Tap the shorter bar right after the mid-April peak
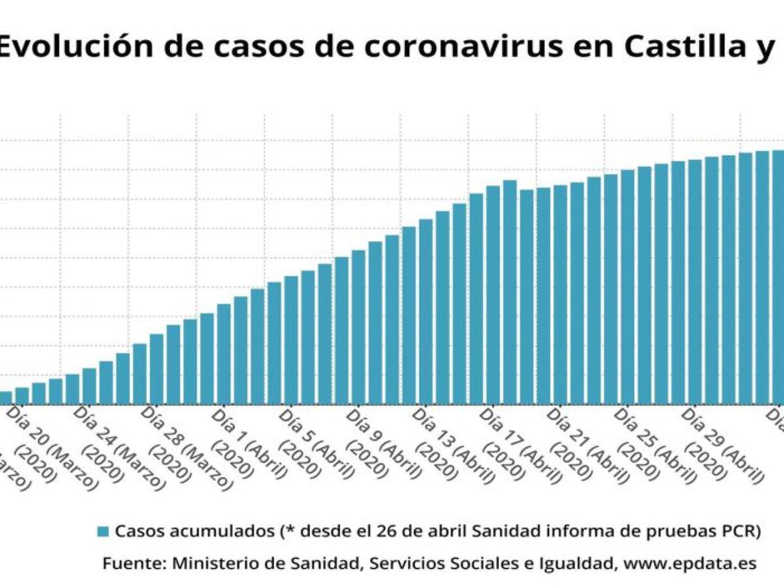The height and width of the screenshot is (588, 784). pos(527,297)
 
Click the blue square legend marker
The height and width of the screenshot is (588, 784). pos(103,531)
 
